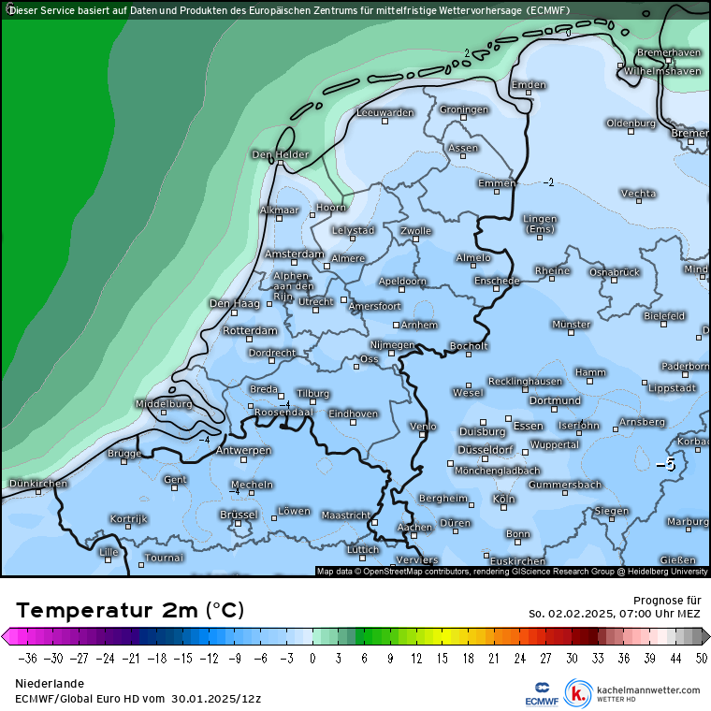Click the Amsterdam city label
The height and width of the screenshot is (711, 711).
294,254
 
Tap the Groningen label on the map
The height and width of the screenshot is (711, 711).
464,109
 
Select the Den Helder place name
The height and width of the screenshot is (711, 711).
280,154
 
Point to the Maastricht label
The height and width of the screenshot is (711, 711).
346,515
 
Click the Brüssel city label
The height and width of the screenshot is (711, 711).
238,515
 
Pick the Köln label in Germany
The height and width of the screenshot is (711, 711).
504,500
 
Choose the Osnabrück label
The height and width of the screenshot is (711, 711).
614,271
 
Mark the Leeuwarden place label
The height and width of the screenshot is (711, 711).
385,112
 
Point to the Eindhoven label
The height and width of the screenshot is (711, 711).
354,414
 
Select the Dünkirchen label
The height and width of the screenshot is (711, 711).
37,484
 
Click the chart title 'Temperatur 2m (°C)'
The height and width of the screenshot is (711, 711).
130,611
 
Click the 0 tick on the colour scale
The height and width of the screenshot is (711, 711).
312,658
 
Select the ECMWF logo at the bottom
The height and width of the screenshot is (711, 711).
542,692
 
